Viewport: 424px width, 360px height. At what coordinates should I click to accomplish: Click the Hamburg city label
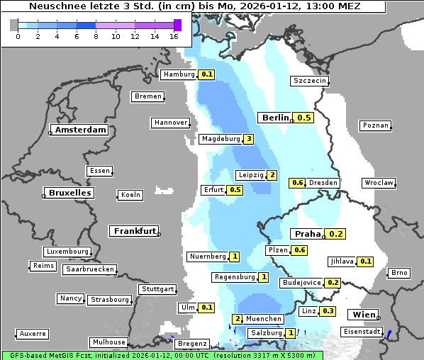(x=179, y=74)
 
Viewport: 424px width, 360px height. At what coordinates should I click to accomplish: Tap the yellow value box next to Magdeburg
(x=248, y=139)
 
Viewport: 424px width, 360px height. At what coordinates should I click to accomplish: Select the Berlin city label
(x=274, y=118)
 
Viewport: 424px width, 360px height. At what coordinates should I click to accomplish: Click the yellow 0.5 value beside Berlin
(x=304, y=118)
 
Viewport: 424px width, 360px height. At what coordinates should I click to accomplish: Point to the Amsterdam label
(x=80, y=130)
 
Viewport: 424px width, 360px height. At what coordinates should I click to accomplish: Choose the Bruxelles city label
(x=69, y=193)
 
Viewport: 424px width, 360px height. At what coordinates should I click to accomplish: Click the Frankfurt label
(x=133, y=231)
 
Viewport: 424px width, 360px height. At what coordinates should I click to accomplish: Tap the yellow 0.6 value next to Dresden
(x=298, y=183)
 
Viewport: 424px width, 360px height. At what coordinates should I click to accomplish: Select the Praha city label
(x=307, y=234)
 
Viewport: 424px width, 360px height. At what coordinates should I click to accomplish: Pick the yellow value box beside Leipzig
(x=272, y=175)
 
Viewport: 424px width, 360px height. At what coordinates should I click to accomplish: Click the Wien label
(x=362, y=315)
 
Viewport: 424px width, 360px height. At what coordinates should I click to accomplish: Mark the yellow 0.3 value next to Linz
(x=328, y=311)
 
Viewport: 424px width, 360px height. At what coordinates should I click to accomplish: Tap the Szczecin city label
(x=310, y=81)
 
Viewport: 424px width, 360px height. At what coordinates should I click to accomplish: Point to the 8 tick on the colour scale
(x=95, y=35)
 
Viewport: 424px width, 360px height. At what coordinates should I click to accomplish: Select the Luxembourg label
(x=67, y=252)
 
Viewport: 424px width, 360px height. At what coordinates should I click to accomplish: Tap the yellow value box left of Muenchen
(x=238, y=319)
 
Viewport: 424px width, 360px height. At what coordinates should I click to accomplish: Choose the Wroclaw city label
(x=379, y=183)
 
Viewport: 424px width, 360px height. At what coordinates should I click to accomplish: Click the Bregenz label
(x=191, y=343)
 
